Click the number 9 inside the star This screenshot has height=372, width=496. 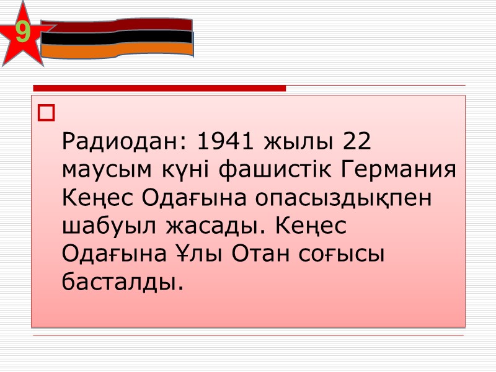23,33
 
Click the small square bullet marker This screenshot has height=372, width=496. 46,113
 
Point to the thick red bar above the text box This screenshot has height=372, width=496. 159,88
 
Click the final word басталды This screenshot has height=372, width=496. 123,281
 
